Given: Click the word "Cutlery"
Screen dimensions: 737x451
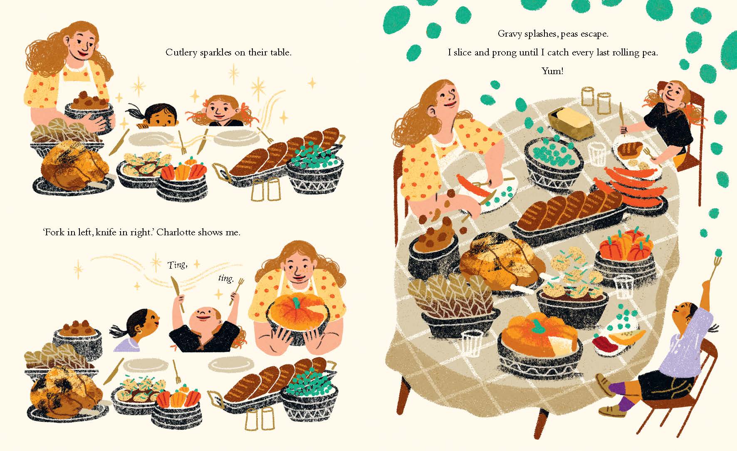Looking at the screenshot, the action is pyautogui.click(x=181, y=53).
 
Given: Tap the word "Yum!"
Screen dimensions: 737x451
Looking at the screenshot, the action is pyautogui.click(x=552, y=71).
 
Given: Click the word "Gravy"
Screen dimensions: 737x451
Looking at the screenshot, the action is pyautogui.click(x=509, y=34).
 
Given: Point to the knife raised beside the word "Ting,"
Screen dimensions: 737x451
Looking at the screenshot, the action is pyautogui.click(x=178, y=292).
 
